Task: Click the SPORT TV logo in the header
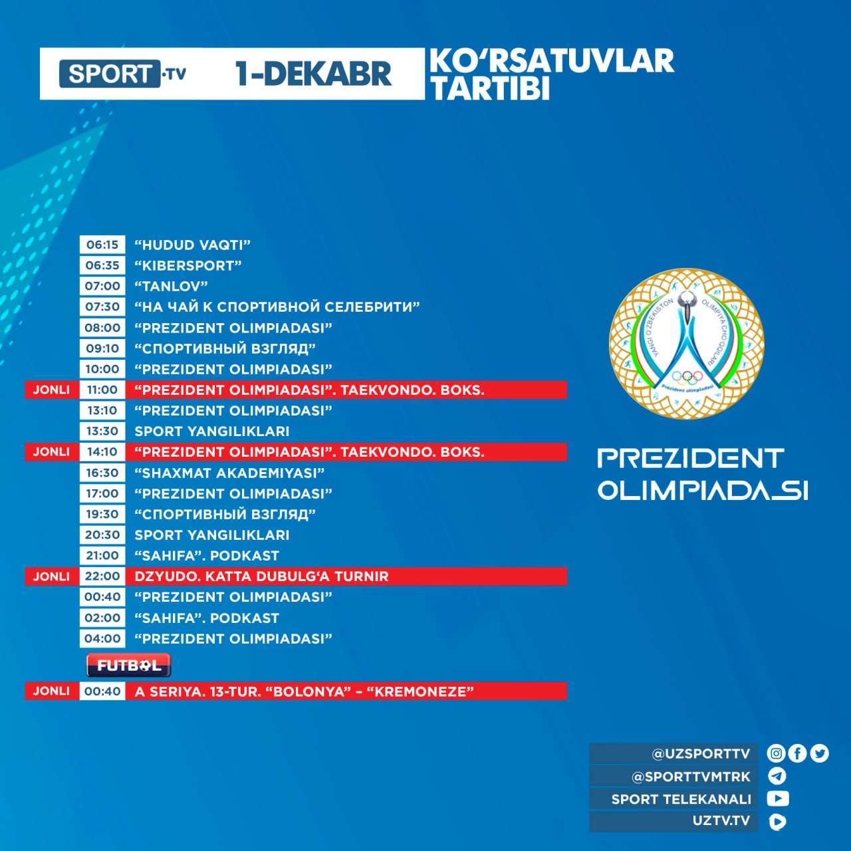click(x=123, y=74)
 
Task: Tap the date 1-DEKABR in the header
click(x=313, y=74)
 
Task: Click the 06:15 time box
click(x=102, y=245)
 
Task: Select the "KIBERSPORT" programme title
click(x=188, y=265)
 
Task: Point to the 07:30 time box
click(x=102, y=306)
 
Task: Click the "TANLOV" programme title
click(x=172, y=286)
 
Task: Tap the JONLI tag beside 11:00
click(x=51, y=390)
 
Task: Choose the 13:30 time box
click(x=102, y=431)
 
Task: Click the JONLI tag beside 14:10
click(x=51, y=452)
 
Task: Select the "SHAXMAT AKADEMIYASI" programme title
click(x=229, y=473)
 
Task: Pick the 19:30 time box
click(x=102, y=514)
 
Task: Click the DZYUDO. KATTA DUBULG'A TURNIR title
click(x=261, y=576)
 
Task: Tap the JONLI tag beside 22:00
click(x=51, y=576)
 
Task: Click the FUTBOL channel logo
click(x=128, y=665)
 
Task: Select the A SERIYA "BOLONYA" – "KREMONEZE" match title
click(x=304, y=691)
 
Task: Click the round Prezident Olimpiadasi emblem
click(x=687, y=344)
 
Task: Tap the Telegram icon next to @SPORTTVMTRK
click(x=777, y=776)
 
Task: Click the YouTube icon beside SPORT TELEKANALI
click(x=778, y=798)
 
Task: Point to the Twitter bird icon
click(x=820, y=753)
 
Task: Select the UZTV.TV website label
click(x=721, y=820)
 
